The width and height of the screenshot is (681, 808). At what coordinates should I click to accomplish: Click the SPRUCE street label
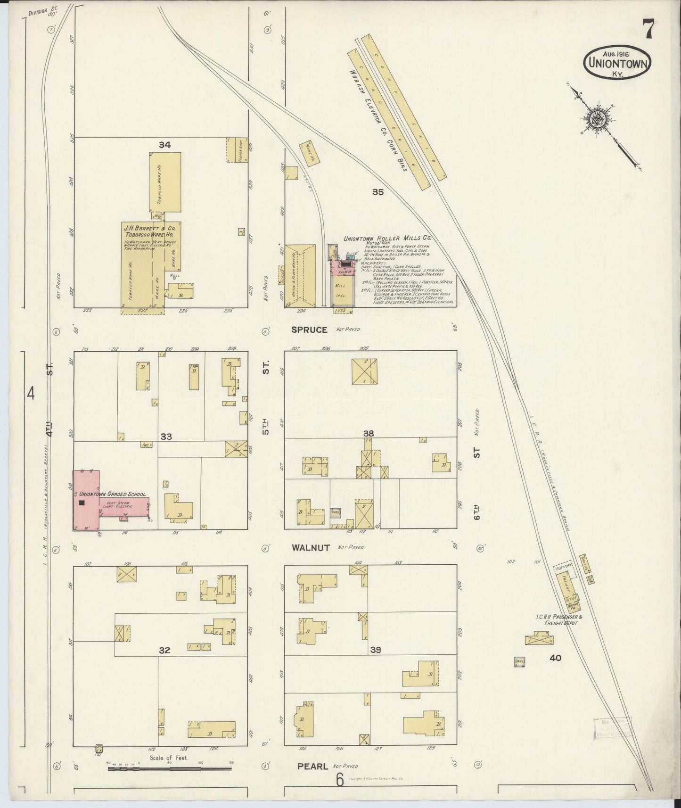(x=309, y=330)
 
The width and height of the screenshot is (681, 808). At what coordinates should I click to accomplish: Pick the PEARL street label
(x=312, y=767)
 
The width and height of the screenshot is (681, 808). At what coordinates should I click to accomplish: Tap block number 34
(x=164, y=145)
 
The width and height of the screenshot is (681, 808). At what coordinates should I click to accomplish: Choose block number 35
(x=377, y=192)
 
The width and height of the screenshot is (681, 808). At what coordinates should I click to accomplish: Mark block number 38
(x=369, y=433)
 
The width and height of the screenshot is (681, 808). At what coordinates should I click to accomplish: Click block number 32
(x=164, y=651)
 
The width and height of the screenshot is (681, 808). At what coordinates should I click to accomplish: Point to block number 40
(x=555, y=658)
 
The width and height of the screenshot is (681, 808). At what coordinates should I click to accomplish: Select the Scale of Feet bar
(x=170, y=769)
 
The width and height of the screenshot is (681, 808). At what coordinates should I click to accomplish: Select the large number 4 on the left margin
(x=31, y=393)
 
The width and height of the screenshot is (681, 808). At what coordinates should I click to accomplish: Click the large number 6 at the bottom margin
(x=340, y=781)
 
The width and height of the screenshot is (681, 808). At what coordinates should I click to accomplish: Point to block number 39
(x=375, y=650)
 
